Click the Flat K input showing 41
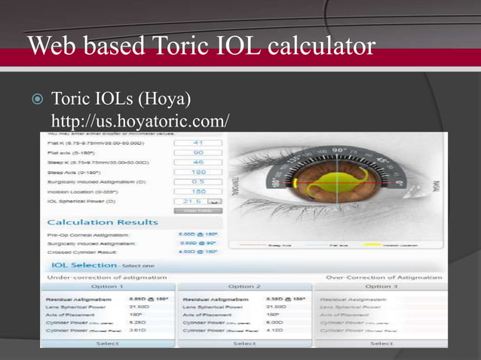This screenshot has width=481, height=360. [x=198, y=142]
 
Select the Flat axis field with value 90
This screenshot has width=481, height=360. [x=198, y=152]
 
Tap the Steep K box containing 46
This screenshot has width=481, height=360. [x=198, y=162]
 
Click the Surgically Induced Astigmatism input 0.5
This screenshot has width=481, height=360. [x=198, y=182]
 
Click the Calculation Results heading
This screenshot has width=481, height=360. [x=103, y=222]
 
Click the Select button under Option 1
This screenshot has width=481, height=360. [x=107, y=343]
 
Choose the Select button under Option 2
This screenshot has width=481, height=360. [x=244, y=343]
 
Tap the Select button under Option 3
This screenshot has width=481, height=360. [x=381, y=343]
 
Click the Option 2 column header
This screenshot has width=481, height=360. [x=244, y=286]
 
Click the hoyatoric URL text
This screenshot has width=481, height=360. [x=139, y=121]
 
